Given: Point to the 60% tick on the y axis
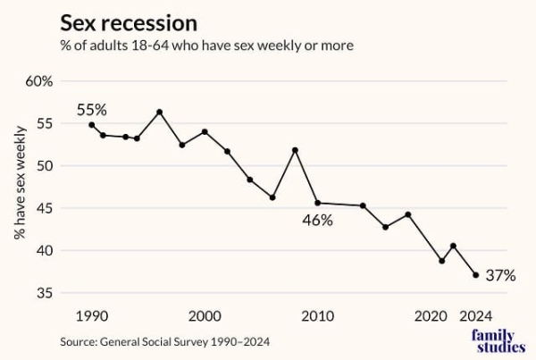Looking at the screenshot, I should tap(39, 81).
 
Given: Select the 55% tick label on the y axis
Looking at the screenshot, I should tap(39, 123).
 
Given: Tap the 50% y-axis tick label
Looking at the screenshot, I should tap(39, 166).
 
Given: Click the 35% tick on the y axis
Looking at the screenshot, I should tap(39, 293).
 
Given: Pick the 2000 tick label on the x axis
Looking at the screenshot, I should tap(205, 316).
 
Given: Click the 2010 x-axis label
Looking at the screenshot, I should tap(318, 316).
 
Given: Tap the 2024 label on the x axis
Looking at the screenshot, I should tap(476, 316).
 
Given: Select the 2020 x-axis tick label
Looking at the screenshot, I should tap(431, 316).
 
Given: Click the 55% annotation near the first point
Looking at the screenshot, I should tap(91, 110).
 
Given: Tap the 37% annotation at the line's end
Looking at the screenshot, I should tap(500, 276).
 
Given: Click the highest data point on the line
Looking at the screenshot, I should tap(159, 112).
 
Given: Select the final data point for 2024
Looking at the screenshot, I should tap(476, 275).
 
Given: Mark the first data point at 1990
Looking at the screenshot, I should tap(91, 125).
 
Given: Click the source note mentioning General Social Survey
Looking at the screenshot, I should tap(165, 341).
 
